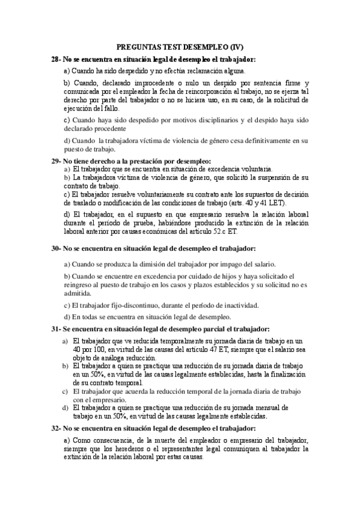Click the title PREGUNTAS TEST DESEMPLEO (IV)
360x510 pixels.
pos(180,47)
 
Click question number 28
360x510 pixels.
pos(56,58)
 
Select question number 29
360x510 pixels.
pos(56,161)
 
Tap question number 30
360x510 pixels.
pos(56,248)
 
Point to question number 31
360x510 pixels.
pos(56,329)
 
